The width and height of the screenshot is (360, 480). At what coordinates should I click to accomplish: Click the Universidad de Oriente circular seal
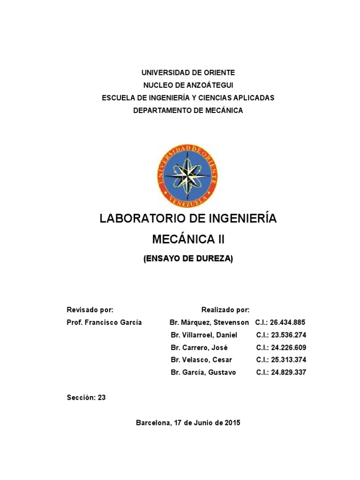(x=187, y=176)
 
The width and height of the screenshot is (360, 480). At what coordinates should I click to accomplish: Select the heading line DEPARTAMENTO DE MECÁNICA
(x=188, y=111)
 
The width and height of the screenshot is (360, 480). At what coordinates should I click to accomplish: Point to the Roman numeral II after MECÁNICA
(x=220, y=240)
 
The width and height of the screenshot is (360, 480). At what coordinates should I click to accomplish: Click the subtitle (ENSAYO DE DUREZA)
(x=188, y=259)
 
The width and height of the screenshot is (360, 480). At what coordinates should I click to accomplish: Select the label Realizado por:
(x=225, y=310)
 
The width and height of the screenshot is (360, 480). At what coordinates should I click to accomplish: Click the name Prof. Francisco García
(x=105, y=322)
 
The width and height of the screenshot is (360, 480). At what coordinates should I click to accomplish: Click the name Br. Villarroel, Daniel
(x=204, y=335)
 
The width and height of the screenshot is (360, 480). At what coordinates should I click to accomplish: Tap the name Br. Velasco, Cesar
(x=202, y=360)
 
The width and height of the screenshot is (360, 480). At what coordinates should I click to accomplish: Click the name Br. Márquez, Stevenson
(x=209, y=322)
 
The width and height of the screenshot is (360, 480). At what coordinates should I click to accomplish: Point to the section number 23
(x=102, y=397)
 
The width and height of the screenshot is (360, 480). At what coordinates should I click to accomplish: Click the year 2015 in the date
(x=232, y=423)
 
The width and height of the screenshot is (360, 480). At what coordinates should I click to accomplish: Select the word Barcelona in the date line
(x=152, y=423)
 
